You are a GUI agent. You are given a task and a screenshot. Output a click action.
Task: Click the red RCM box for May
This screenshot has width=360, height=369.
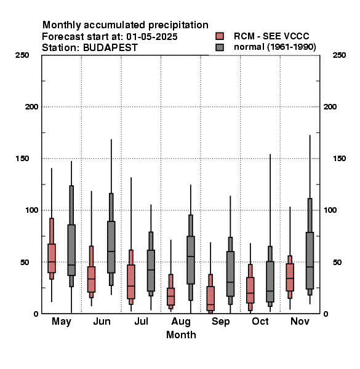[52, 258]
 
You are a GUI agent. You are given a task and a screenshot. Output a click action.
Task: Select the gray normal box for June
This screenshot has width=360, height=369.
[111, 247]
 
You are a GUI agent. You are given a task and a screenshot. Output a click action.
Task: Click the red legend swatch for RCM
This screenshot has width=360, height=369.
[220, 36]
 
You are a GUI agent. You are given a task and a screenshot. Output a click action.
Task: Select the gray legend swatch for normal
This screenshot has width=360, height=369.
[220, 47]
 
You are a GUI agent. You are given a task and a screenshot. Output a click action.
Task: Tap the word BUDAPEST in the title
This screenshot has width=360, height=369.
[110, 47]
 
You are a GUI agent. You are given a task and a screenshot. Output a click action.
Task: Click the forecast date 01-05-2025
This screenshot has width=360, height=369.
[152, 37]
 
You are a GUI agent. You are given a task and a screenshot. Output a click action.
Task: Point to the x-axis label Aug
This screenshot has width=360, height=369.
[181, 322]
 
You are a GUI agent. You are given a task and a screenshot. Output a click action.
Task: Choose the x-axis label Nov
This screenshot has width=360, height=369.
[300, 321]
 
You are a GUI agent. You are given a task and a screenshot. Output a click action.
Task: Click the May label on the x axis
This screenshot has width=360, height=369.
[62, 322]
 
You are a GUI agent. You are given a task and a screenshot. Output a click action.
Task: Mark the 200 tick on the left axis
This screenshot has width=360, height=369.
[31, 106]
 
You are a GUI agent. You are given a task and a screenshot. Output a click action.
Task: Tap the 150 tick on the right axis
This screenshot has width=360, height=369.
[339, 159]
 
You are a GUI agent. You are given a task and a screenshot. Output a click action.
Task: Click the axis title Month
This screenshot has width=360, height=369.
[181, 335]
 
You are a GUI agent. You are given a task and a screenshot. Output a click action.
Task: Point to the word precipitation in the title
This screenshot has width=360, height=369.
[178, 25]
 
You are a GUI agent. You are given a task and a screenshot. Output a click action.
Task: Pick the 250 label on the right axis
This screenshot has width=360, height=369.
[339, 55]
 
